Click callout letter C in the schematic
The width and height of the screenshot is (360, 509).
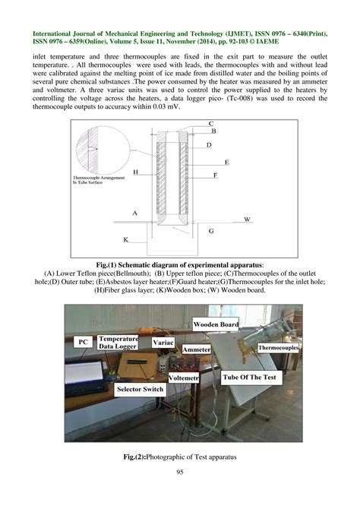pos(210,123)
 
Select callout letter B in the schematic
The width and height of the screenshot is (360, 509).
pos(213,131)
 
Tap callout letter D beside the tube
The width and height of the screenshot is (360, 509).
pos(209,144)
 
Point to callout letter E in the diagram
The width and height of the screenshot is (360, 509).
pos(226,163)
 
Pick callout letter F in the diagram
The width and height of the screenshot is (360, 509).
pos(215,175)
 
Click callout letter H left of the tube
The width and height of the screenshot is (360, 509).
pos(135,172)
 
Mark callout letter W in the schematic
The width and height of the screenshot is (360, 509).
pos(247,219)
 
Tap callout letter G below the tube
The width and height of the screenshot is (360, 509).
pos(211,229)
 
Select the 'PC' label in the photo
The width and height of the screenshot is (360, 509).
pos(84,343)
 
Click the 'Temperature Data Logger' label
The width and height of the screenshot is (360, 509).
pos(119,342)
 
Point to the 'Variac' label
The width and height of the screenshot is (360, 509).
pos(163,343)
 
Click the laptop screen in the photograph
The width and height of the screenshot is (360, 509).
pos(84,375)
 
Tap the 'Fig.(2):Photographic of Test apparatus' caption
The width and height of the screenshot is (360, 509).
pos(181,458)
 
